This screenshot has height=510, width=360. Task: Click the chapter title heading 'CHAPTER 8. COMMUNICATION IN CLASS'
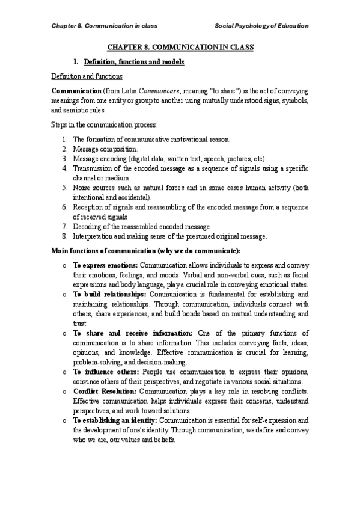tap(180, 46)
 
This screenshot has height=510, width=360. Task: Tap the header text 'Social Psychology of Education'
tap(262, 26)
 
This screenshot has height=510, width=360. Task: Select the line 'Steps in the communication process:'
tap(104, 125)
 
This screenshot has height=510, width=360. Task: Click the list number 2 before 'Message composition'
tap(64, 149)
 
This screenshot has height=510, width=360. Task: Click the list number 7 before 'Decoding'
tap(64, 227)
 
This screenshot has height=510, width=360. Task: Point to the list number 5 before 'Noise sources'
tap(64, 188)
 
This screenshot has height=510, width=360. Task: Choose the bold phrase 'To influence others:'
tap(103, 372)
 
